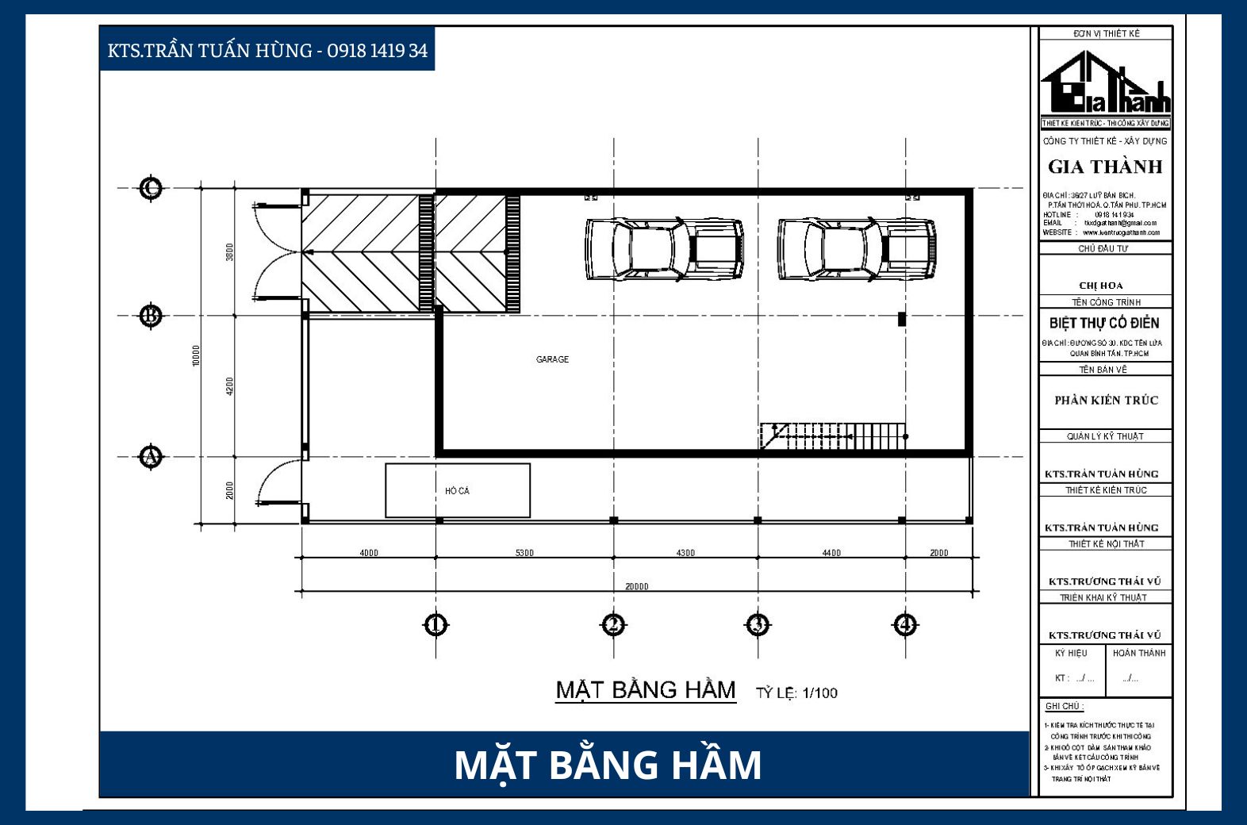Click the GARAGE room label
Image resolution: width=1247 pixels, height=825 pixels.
[x=552, y=359]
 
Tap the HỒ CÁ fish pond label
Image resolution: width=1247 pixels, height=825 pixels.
[x=457, y=491]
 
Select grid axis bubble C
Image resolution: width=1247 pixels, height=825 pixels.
[x=151, y=188]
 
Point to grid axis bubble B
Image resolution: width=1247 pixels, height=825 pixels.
[x=151, y=316]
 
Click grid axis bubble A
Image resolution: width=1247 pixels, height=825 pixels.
[x=151, y=457]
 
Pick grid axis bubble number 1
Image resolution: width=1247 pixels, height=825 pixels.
[x=435, y=625]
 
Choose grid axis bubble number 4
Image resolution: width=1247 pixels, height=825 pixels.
[x=905, y=625]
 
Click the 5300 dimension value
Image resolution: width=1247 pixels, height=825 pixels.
[x=524, y=553]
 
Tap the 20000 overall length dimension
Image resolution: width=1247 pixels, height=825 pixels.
[x=636, y=587]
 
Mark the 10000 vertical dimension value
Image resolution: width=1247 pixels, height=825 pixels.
[x=197, y=355]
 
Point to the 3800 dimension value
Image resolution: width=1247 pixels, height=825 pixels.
[x=230, y=252]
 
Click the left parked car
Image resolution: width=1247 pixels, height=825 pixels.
[x=665, y=249]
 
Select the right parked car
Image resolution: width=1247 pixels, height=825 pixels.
[x=857, y=249]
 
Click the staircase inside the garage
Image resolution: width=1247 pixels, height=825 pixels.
[x=833, y=436]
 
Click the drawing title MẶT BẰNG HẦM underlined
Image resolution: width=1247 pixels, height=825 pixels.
[x=646, y=690]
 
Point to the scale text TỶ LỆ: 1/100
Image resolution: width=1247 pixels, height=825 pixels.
[x=796, y=693]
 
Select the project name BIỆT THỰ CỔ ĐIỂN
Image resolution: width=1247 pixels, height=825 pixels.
[x=1104, y=323]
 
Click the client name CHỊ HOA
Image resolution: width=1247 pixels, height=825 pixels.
[x=1101, y=286]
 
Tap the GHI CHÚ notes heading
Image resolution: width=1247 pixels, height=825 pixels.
[x=1064, y=706]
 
